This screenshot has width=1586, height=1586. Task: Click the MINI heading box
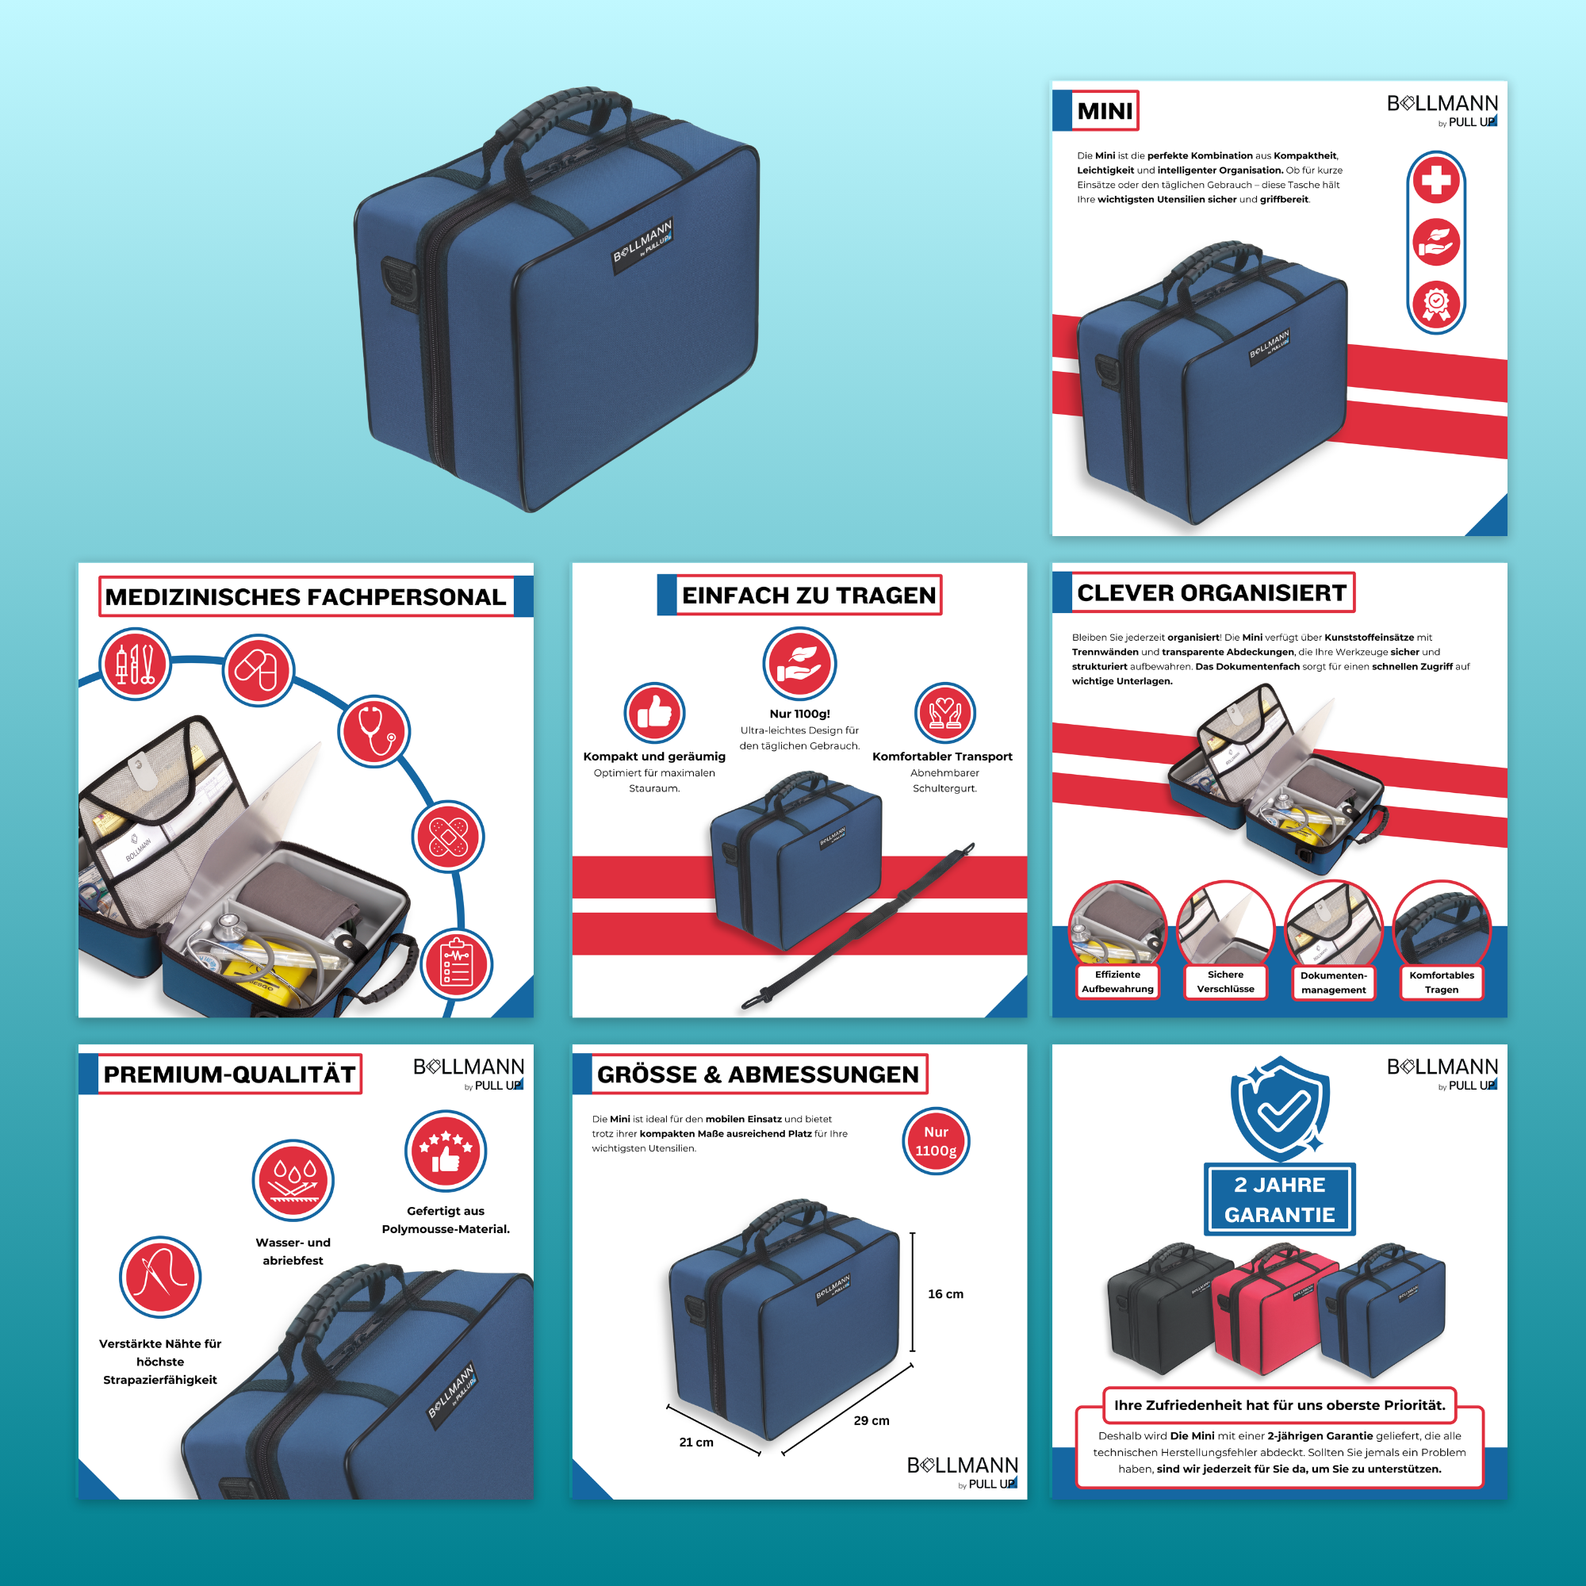coord(1104,111)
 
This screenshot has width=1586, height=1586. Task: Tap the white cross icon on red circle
coord(1436,181)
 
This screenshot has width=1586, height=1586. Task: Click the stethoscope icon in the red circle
coord(374,730)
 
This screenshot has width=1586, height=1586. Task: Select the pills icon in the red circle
coord(258,670)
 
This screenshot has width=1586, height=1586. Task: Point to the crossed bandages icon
coord(448,837)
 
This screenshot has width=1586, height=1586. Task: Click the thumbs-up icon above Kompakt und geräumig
coord(654,713)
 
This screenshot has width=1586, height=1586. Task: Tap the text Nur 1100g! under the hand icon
coord(799,714)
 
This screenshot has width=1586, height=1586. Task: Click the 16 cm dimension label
coord(945,1293)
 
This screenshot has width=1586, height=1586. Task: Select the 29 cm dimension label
coord(871,1420)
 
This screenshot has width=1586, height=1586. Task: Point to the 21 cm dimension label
coord(696,1442)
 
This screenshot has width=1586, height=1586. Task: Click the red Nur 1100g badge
coord(936,1141)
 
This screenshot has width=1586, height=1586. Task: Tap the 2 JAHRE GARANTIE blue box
coord(1279,1199)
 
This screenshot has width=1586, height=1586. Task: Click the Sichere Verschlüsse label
coord(1225,982)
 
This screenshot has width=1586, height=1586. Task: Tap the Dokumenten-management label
coord(1333,983)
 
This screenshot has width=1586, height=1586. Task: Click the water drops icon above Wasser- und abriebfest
coord(293,1180)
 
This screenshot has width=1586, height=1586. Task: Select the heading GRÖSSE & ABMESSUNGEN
coord(757,1075)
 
